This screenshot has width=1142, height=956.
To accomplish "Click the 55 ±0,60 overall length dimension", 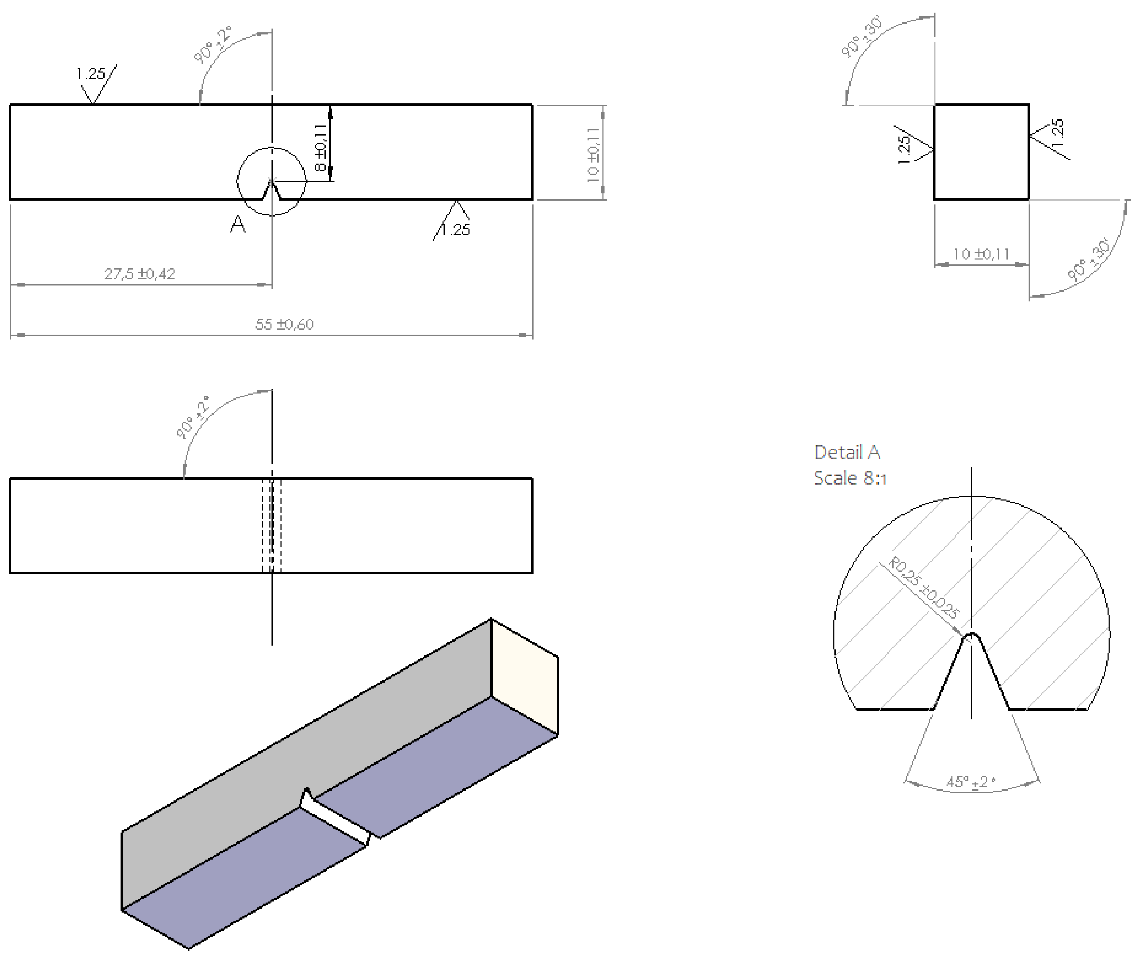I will click(284, 325).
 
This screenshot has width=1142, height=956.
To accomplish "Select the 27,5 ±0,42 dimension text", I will click(140, 274).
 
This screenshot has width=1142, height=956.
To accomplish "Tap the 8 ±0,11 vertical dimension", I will click(321, 147).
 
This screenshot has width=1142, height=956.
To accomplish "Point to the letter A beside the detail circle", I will click(238, 225).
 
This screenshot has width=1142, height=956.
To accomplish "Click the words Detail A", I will click(847, 453).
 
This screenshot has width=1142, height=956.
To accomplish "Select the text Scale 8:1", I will click(849, 478).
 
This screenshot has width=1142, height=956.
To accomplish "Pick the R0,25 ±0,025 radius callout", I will click(923, 587).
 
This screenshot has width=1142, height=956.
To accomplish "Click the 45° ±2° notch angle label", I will click(971, 782).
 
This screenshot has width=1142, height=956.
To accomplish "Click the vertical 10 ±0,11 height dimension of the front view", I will click(593, 155).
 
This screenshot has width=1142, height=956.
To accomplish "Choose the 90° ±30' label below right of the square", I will click(1088, 260).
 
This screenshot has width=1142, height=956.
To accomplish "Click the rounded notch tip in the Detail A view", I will click(972, 635).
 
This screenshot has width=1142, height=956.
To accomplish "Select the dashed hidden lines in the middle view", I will click(272, 526).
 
